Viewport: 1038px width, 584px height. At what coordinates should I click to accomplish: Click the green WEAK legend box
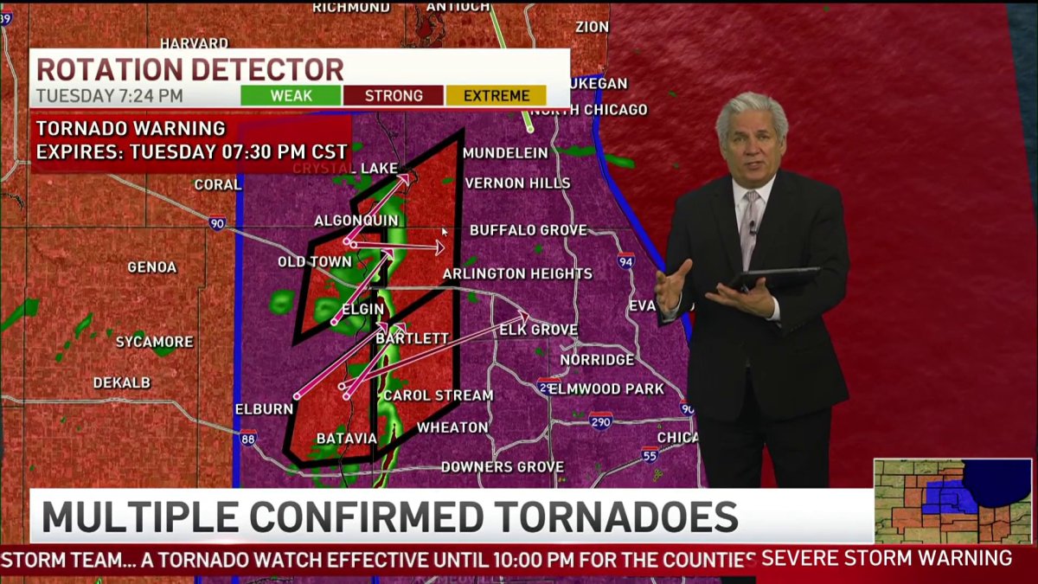click(291, 96)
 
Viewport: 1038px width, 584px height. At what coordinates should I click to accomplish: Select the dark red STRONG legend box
click(394, 96)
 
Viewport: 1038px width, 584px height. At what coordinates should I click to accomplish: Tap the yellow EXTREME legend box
click(496, 96)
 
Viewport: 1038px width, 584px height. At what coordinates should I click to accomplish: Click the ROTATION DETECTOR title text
click(189, 69)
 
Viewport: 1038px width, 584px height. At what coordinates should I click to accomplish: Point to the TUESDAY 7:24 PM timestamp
click(109, 96)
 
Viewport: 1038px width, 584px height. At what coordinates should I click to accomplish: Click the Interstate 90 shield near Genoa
click(216, 224)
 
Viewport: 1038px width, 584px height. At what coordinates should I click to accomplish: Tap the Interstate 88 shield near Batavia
click(247, 437)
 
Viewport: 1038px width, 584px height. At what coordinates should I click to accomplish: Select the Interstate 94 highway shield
click(625, 260)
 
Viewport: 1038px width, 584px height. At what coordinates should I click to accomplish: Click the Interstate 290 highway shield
click(601, 421)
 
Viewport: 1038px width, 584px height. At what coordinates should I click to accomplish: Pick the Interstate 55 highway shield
click(650, 453)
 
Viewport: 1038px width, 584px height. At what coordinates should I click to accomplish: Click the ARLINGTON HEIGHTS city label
click(517, 274)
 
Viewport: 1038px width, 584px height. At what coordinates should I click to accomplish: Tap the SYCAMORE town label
click(155, 342)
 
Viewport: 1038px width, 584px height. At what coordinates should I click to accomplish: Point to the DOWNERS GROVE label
click(503, 467)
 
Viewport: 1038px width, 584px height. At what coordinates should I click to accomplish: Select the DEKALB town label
click(122, 382)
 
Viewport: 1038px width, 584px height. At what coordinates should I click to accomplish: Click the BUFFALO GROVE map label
click(528, 230)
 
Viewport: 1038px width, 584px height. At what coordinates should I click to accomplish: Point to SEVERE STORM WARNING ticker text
click(887, 559)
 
